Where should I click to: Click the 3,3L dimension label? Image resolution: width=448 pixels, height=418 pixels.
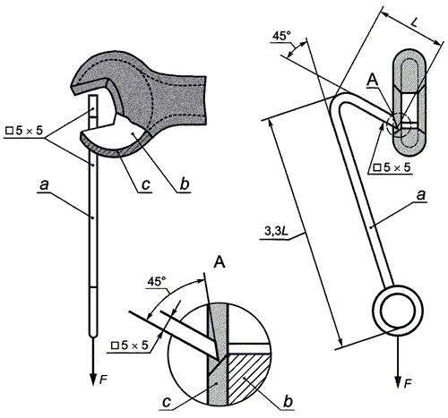[276, 231]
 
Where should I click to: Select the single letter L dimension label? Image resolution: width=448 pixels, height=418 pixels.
[414, 22]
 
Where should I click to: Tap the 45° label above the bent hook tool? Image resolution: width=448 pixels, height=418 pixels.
[281, 36]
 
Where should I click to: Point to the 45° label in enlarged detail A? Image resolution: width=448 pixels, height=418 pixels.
[157, 281]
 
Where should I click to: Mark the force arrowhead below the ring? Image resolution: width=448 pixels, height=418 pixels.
[398, 381]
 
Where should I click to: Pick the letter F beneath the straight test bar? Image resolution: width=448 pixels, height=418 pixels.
[103, 380]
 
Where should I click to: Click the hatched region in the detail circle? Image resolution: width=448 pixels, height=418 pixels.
[249, 378]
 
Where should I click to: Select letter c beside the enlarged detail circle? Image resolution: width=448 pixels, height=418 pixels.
[166, 402]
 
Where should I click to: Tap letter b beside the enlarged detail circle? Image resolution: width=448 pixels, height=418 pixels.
[288, 401]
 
